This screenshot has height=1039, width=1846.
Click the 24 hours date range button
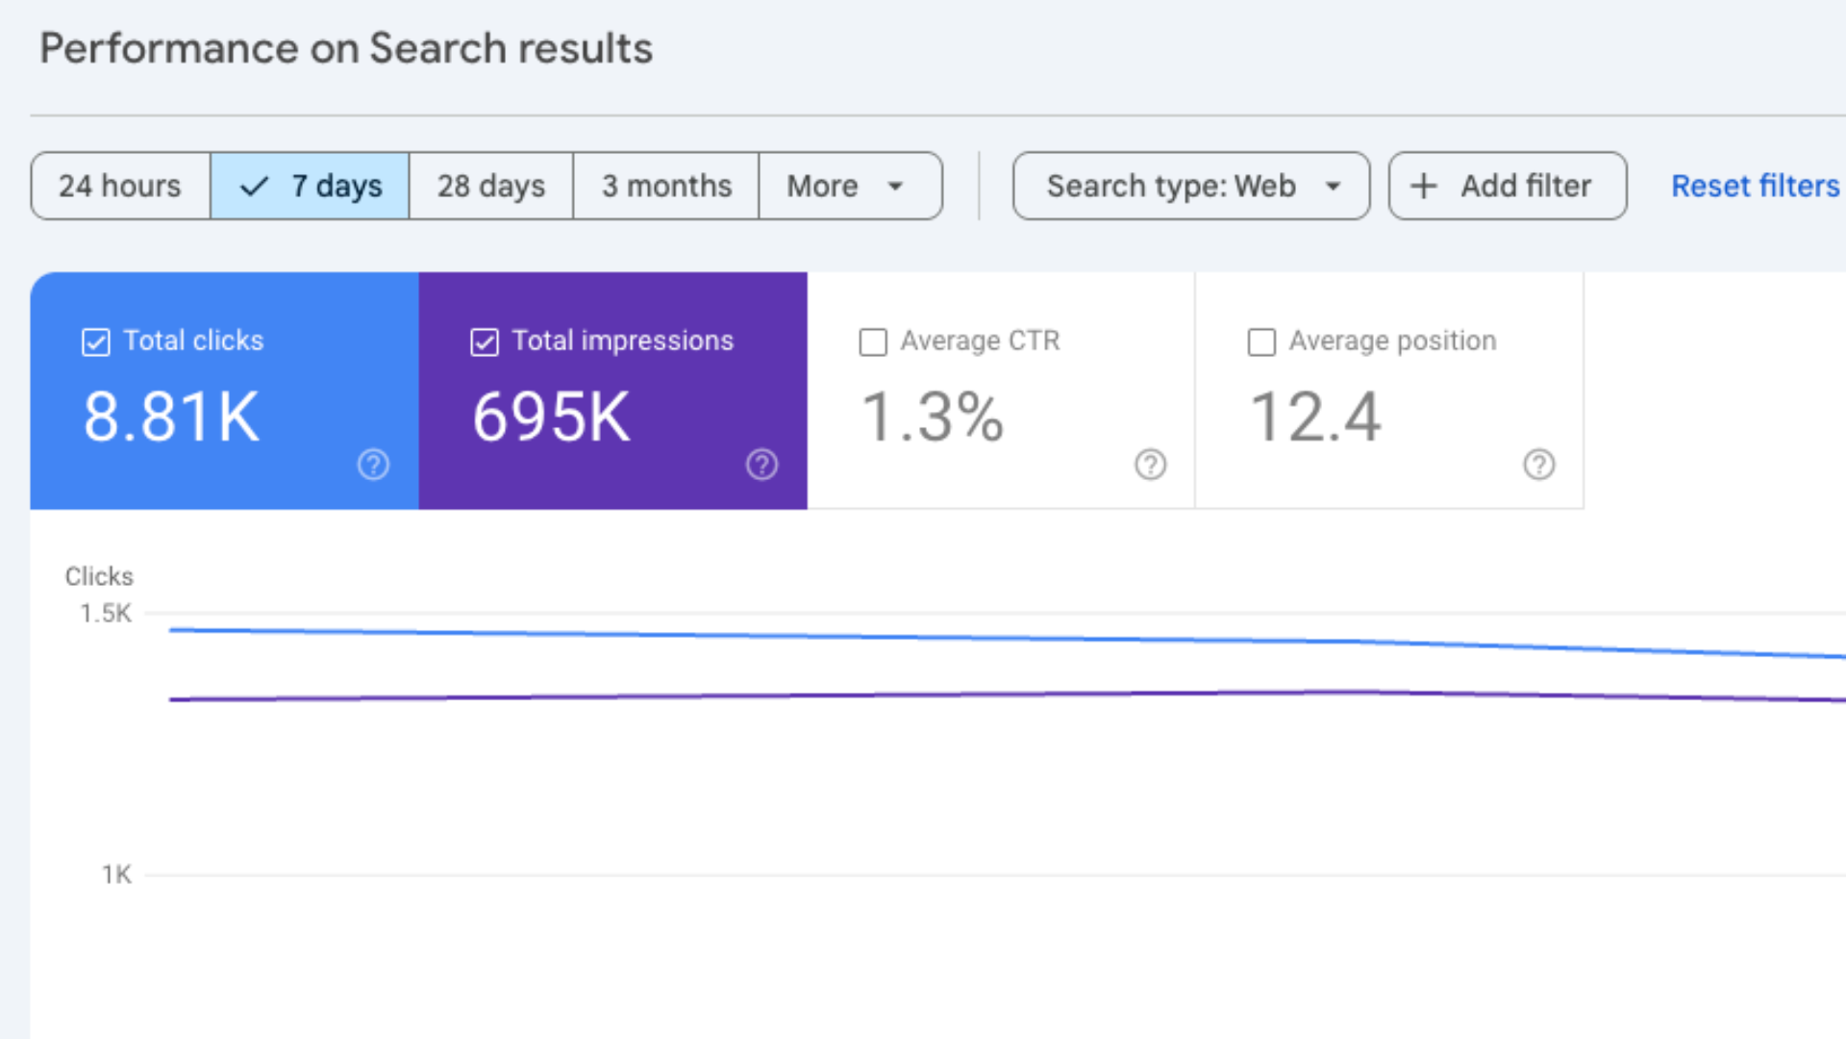120,186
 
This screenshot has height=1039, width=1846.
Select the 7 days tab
310,186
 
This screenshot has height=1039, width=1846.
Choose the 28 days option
490,186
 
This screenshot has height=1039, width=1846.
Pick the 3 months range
666,186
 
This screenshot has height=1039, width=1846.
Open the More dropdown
846,186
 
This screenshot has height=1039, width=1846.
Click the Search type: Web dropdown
1190,186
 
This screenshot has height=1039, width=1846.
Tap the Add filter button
1507,186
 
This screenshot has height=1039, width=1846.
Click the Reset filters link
1755,186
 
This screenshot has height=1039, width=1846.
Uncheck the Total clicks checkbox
96,342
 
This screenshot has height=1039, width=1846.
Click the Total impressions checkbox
485,342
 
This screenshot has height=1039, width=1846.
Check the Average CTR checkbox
873,342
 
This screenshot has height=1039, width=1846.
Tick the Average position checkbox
1261,342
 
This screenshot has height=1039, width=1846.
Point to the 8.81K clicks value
171,418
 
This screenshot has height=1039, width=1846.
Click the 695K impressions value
551,418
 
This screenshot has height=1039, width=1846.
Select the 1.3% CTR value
932,418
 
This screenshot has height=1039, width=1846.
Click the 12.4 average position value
1314,418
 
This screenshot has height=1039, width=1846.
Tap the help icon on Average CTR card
1150,465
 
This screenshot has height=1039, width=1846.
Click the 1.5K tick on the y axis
106,614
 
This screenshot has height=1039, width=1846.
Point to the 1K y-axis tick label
116,874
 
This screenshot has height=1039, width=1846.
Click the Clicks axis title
99,576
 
